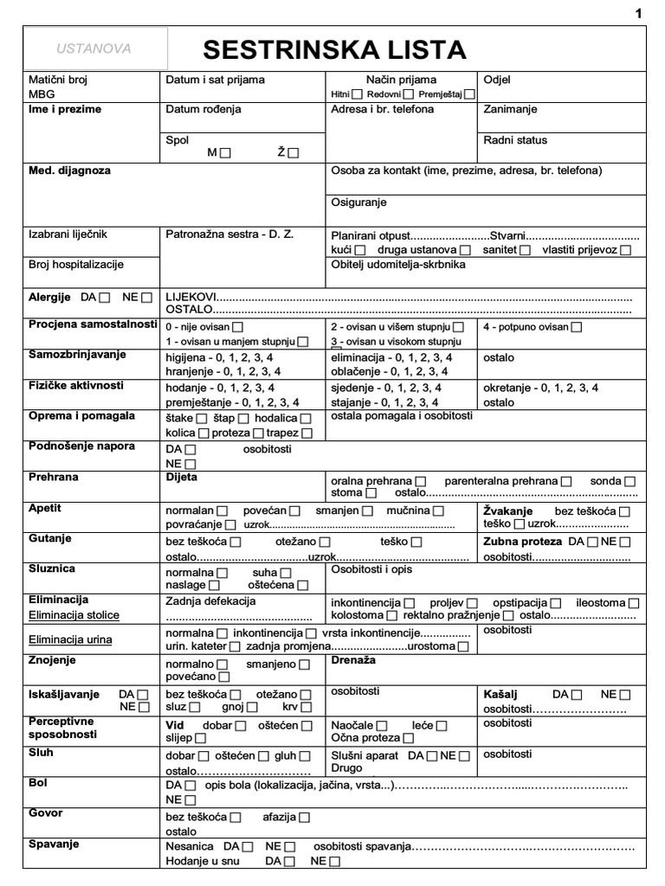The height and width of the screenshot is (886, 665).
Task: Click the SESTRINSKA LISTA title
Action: tap(334, 49)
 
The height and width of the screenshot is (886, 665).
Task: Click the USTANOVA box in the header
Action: tap(94, 48)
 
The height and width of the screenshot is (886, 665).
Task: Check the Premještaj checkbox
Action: tap(469, 93)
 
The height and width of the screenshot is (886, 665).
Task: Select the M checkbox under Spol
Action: tap(227, 153)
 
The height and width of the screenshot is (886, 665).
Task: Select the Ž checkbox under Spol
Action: tap(293, 153)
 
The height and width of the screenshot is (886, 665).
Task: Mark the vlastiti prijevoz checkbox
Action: tap(625, 250)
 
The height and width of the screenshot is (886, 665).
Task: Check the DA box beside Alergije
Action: tap(106, 298)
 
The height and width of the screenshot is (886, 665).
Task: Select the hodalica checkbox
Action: tap(306, 419)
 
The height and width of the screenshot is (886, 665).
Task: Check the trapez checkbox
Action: tap(307, 433)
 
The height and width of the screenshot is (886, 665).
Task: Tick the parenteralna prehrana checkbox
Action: tap(566, 480)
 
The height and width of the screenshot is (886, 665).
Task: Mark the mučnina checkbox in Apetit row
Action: tap(439, 511)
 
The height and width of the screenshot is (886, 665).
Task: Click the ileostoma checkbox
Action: tap(635, 602)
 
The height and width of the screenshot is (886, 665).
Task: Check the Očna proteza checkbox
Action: tap(408, 738)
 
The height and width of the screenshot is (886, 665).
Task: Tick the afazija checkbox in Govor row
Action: tap(304, 817)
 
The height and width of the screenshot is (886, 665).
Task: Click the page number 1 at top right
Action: tap(639, 14)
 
